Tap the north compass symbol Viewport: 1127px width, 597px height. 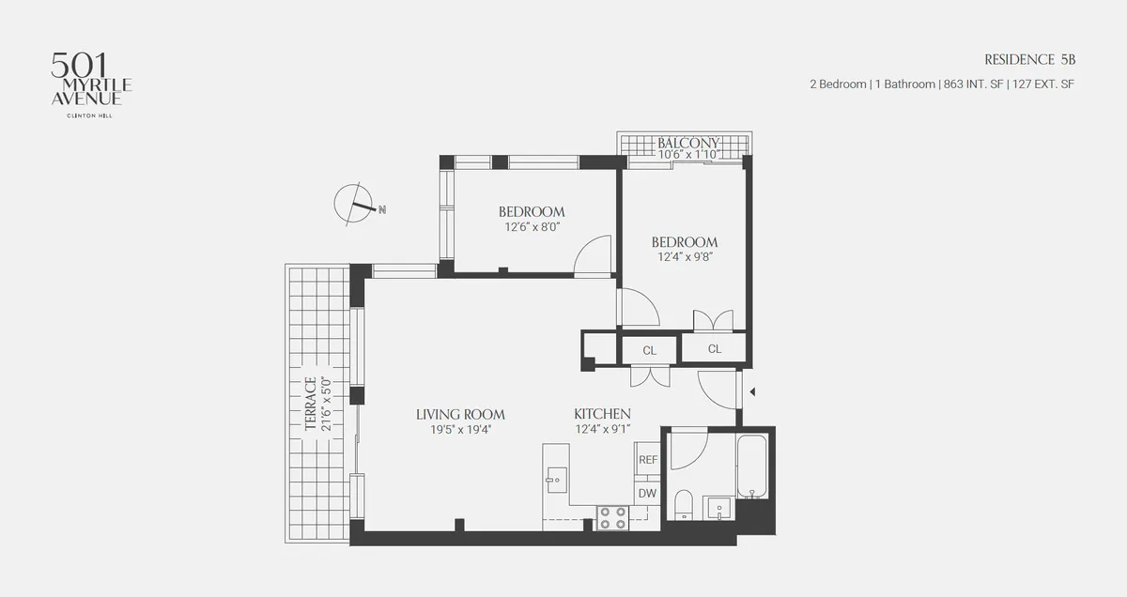(x=358, y=205)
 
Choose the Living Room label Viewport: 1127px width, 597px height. (x=460, y=414)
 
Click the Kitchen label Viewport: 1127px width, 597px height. (x=602, y=414)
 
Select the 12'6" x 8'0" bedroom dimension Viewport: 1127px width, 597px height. (x=531, y=226)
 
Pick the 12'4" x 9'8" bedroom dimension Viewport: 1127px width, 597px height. (x=685, y=257)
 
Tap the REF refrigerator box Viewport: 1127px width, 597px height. (x=647, y=460)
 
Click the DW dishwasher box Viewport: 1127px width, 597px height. (x=647, y=493)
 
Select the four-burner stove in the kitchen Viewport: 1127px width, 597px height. (x=613, y=518)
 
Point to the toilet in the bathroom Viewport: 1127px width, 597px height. (x=684, y=505)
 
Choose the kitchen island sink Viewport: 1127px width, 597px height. (x=554, y=478)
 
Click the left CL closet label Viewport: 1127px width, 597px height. (x=649, y=350)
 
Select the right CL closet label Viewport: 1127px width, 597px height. (x=715, y=349)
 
